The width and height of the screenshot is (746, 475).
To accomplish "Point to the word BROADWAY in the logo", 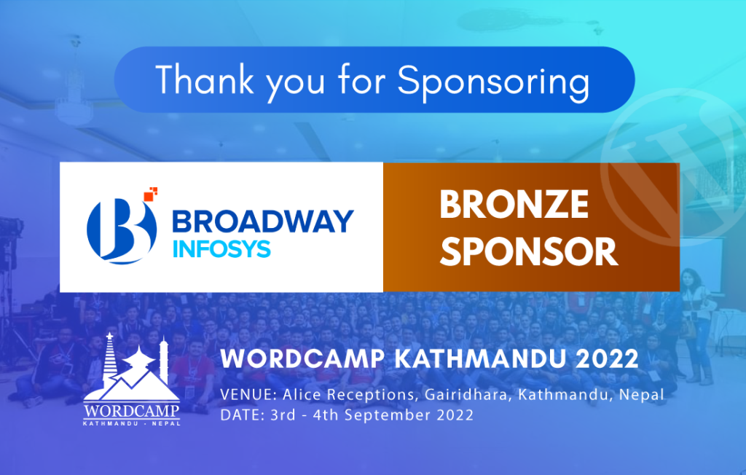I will (x=262, y=221).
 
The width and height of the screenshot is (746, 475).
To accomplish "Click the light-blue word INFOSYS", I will (x=222, y=248).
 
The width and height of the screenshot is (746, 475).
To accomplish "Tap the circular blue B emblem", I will (x=120, y=228).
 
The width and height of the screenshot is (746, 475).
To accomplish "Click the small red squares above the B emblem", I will (x=152, y=193).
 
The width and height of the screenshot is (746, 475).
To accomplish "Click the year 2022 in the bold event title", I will (x=606, y=359).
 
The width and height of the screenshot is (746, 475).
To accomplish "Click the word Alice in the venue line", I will (x=297, y=396).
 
